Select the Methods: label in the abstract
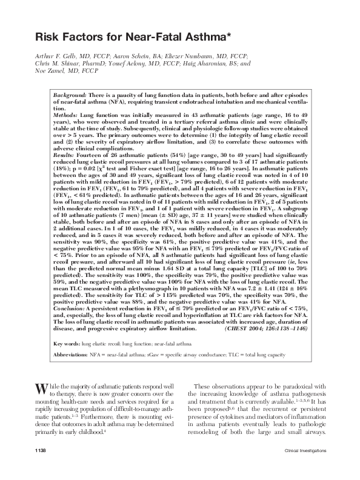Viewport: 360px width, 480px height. point(66,115)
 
